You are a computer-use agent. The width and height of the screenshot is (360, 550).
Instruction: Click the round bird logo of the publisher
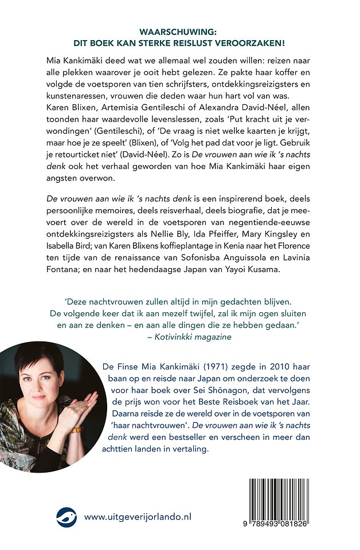click(66, 517)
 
